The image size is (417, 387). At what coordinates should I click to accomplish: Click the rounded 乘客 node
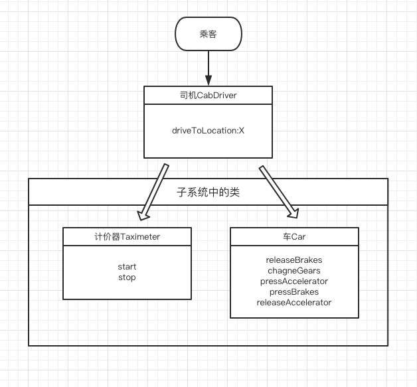tap(208, 34)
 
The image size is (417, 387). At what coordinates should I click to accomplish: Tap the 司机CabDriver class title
tap(208, 96)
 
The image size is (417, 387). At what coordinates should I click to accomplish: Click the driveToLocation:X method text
tap(208, 130)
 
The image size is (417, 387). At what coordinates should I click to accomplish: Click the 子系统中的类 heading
tap(208, 193)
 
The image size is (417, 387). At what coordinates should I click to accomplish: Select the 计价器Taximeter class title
tap(127, 236)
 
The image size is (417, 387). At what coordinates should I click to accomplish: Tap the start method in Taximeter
tap(126, 268)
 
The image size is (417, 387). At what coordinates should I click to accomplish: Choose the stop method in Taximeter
tap(126, 277)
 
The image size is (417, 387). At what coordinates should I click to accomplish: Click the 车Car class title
tap(294, 236)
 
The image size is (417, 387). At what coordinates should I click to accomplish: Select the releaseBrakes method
tap(294, 260)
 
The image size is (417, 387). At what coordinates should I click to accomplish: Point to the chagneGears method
tap(294, 271)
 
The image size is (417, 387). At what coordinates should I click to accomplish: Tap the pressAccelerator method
tap(294, 281)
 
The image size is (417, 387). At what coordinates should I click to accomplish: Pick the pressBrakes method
tap(294, 292)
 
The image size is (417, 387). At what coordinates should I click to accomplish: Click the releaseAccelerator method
tap(294, 303)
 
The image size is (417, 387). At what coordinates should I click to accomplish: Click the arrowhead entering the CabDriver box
tap(208, 81)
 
